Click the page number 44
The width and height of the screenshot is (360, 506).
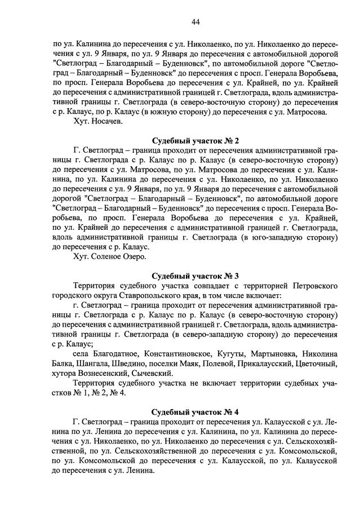196,22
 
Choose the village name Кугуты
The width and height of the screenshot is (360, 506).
231,353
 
